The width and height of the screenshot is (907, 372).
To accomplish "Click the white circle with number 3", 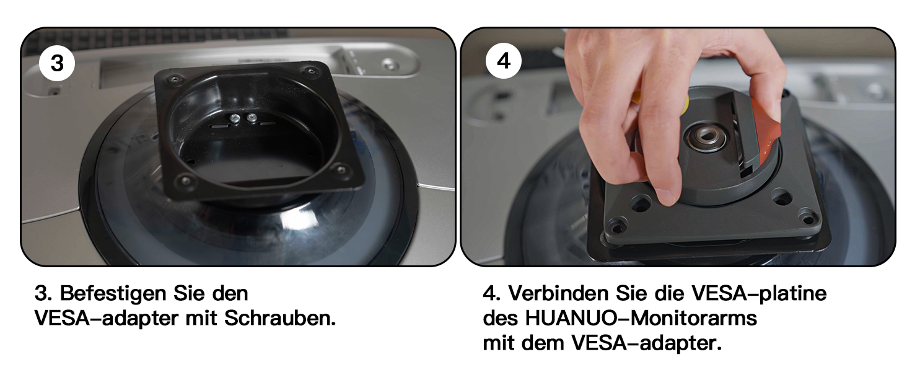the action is click(x=57, y=63).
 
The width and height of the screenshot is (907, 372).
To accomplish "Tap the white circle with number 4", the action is click(x=503, y=61).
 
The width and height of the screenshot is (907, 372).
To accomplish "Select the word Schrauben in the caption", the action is click(x=280, y=318).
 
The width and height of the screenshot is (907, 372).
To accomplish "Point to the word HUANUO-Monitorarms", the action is click(x=641, y=318).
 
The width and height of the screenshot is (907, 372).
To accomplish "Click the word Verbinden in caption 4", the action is click(x=558, y=293).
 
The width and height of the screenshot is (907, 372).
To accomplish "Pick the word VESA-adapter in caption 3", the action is click(x=107, y=319).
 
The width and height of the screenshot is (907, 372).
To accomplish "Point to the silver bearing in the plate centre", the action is click(x=706, y=137).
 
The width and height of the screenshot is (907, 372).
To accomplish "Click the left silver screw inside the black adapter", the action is click(x=234, y=118).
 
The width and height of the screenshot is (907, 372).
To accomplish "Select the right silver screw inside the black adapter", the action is click(x=252, y=118).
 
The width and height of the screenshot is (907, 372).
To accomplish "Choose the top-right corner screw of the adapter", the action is click(x=310, y=71).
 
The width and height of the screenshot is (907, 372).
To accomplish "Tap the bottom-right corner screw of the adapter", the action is click(x=341, y=169).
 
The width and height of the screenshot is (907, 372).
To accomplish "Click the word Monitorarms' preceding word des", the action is click(x=501, y=318).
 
